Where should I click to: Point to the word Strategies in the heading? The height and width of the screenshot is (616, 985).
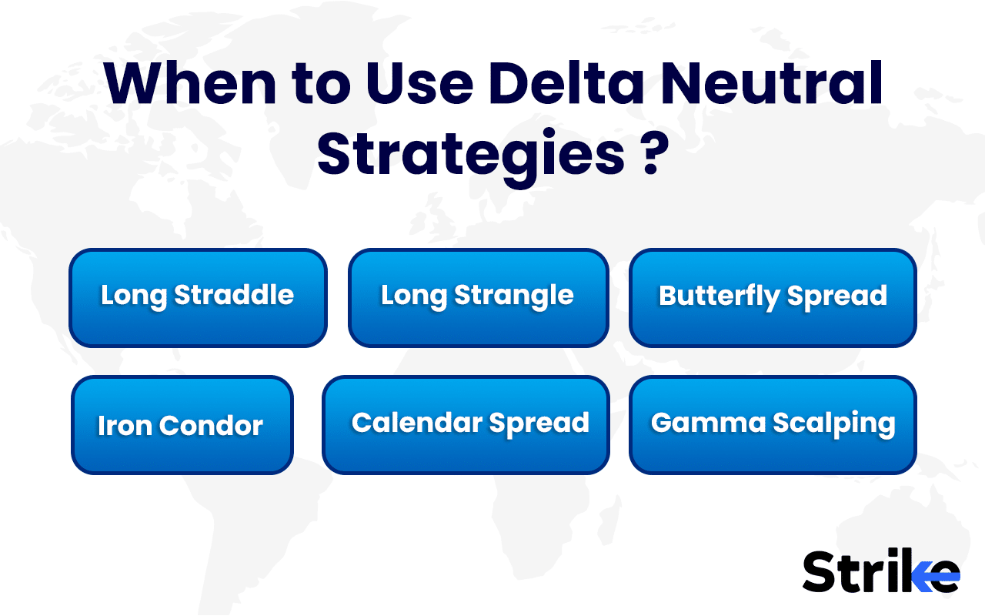coord(470,155)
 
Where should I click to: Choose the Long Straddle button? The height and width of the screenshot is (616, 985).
coord(198,297)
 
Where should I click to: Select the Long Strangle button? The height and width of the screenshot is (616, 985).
coord(478,297)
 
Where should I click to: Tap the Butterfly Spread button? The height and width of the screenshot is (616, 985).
coord(773,297)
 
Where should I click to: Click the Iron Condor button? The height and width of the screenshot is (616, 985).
coord(182,425)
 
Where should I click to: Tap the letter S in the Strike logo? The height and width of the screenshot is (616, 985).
coord(820,572)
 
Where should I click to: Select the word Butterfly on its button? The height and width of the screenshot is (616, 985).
coord(707,296)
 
